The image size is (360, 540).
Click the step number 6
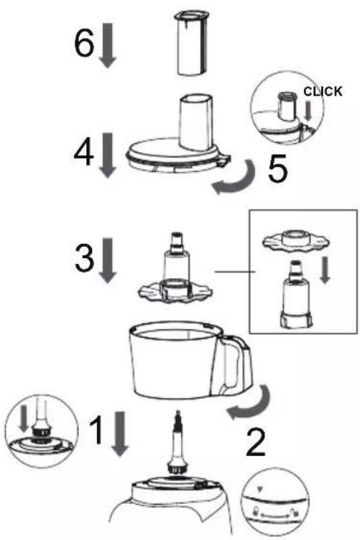pos(84,43)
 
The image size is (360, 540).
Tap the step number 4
pos(83,154)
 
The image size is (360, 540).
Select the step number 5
pos(277,170)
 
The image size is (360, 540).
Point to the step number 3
pos(84,258)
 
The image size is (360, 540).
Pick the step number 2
pos(256,443)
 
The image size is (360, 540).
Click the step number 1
pos(96,430)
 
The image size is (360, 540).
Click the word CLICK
pos(323,91)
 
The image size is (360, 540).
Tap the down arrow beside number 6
pos(108,45)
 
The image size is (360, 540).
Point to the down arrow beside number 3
pos(108,261)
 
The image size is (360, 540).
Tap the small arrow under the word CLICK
pos(308,111)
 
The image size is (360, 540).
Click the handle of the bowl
pos(234,365)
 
